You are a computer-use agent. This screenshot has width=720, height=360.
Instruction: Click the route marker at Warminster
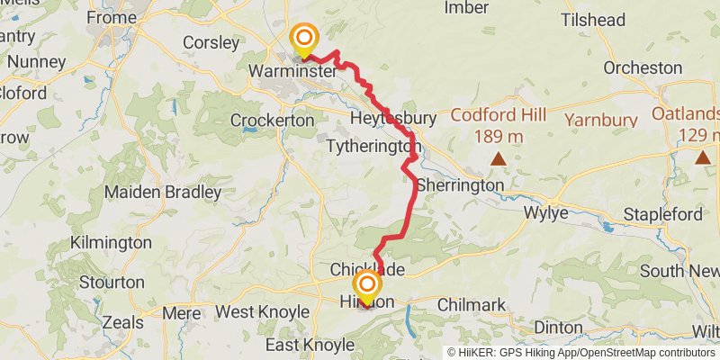tap(305, 39)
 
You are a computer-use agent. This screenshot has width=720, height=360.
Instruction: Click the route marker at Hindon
tap(367, 287)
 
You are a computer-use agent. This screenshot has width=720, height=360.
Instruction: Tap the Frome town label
tap(112, 17)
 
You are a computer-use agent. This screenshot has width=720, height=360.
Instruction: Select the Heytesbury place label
tap(393, 119)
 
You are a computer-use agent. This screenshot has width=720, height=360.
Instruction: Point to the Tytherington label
tap(373, 146)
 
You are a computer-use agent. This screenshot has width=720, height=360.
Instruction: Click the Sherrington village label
tap(461, 184)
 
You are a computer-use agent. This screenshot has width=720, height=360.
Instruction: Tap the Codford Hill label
tap(498, 115)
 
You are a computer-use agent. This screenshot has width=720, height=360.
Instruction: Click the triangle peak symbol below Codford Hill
tap(498, 158)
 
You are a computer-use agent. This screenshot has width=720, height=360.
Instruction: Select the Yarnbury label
tap(600, 119)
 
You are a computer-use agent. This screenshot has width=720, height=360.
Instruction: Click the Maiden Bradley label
tap(163, 192)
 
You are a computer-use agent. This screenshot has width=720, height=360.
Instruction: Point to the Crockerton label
tap(272, 120)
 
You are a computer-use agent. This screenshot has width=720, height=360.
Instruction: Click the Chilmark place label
tap(471, 306)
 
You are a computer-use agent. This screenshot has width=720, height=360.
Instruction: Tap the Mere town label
tap(183, 312)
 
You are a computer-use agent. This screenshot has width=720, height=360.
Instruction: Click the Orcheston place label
tap(643, 67)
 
